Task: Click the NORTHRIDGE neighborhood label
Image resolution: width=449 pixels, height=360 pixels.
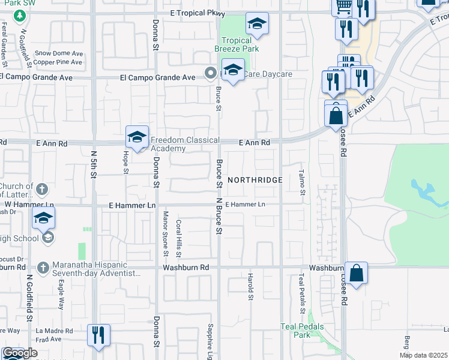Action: [255, 180]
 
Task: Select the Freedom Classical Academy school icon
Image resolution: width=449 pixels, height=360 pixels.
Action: [137, 137]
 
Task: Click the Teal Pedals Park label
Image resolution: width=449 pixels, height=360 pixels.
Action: [302, 331]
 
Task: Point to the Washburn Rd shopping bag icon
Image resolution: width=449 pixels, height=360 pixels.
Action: [356, 274]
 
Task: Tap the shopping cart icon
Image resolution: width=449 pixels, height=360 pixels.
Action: [343, 8]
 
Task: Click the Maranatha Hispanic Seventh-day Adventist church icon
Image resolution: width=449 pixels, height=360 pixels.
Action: [43, 266]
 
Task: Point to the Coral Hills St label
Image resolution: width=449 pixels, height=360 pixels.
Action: [179, 235]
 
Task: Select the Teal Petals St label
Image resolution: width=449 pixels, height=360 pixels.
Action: [301, 293]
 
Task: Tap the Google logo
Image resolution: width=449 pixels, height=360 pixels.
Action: [20, 353]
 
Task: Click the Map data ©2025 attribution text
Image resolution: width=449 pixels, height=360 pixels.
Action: [423, 355]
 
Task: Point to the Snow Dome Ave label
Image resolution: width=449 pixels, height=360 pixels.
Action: [59, 53]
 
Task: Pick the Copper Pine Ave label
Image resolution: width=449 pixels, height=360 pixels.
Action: [58, 62]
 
